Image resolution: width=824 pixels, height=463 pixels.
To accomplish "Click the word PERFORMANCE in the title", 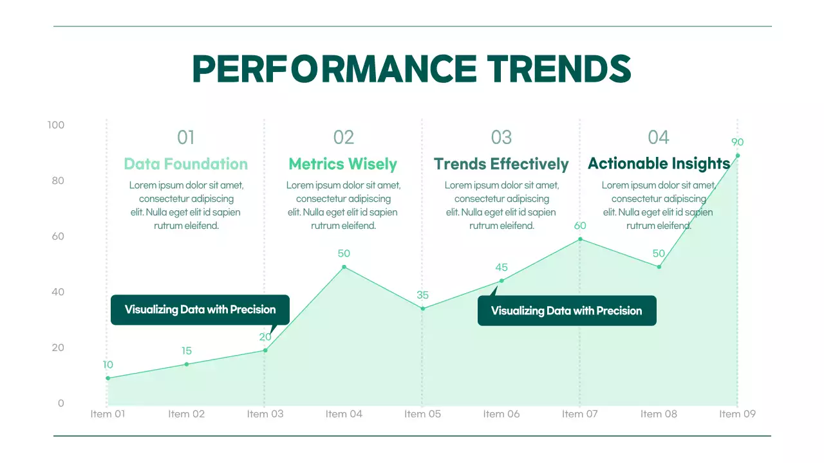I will coord(335,69).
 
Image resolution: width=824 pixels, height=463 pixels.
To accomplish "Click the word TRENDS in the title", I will coord(559,69).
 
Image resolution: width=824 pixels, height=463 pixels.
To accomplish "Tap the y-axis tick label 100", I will coord(56,125).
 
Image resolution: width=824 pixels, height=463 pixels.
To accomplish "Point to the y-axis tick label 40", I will coord(58,292).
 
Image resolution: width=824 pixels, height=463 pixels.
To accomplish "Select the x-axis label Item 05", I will coord(422,414).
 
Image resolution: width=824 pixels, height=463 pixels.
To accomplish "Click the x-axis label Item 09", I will coord(737,414).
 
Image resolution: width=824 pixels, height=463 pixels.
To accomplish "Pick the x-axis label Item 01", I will coord(108,414).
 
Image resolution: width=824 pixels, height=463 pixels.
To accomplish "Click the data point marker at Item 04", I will coord(344,267).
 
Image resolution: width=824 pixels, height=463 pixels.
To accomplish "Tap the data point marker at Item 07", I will coord(580,239).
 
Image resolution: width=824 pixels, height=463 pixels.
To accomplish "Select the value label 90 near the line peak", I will coord(737,142).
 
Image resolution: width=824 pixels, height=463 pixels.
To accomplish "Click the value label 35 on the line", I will coord(422,295).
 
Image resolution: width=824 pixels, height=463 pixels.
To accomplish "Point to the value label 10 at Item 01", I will coord(108,365).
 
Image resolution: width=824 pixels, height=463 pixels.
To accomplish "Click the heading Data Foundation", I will coord(185,164).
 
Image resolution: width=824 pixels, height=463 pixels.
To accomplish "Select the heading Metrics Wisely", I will coord(342,164).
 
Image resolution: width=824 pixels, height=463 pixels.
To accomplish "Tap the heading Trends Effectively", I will coord(501,164).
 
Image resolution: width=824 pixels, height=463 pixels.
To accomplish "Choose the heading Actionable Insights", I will coord(659,163).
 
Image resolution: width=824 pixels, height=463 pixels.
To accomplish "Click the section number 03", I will coord(501,137).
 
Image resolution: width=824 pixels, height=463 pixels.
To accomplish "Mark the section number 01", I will coord(185,137).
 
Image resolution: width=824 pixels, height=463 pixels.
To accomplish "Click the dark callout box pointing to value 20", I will coord(200,310).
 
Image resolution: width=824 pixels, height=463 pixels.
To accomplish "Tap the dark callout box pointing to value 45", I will coord(566,311).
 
